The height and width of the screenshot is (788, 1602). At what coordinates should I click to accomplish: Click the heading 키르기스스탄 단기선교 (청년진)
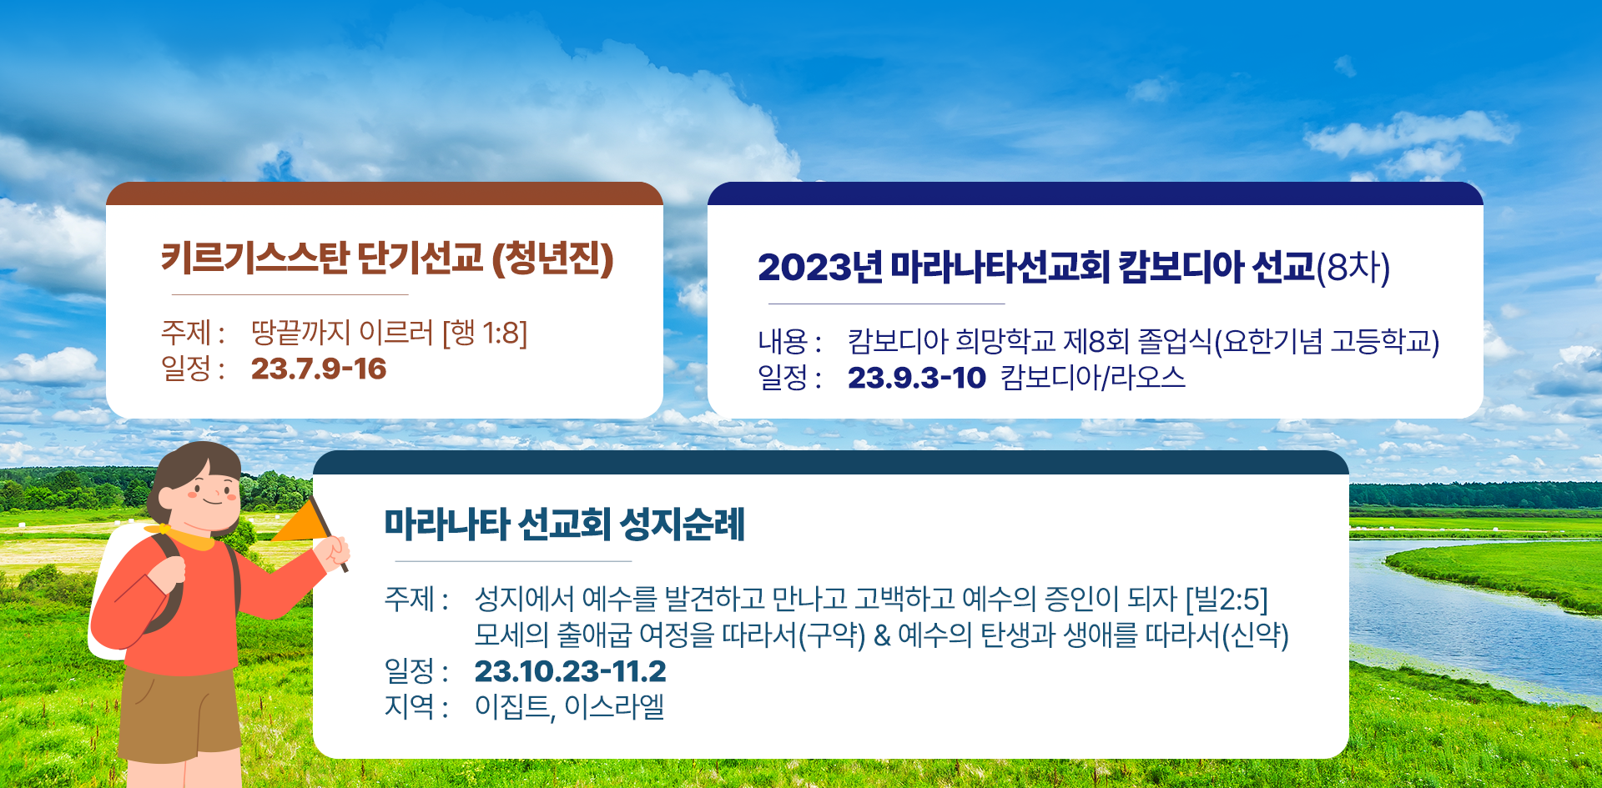click(387, 258)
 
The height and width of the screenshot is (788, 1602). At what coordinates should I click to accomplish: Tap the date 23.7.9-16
click(319, 369)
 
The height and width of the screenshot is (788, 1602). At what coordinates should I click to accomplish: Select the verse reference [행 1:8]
click(485, 333)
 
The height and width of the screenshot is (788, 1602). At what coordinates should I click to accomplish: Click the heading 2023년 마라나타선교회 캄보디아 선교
click(1035, 267)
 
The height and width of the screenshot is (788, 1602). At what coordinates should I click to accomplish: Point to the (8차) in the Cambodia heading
click(1353, 268)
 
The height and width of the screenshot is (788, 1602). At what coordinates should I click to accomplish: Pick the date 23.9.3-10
click(917, 378)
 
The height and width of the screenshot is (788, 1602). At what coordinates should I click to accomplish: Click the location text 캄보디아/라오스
click(1093, 378)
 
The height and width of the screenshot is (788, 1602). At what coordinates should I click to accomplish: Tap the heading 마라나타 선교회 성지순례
click(565, 524)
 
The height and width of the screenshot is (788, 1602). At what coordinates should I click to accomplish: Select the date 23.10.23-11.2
click(571, 671)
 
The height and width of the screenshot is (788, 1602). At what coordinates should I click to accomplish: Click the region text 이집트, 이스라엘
click(569, 707)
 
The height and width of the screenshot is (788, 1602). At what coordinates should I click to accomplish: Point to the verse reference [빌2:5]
click(1227, 599)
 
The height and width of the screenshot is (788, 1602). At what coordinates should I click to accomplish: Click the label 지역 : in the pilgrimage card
click(416, 707)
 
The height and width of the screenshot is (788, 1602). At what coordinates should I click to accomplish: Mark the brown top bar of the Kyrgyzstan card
click(385, 193)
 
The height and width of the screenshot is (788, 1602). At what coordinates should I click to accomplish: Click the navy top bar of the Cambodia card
click(1096, 193)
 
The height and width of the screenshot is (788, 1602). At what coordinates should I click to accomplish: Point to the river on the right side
click(1468, 617)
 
